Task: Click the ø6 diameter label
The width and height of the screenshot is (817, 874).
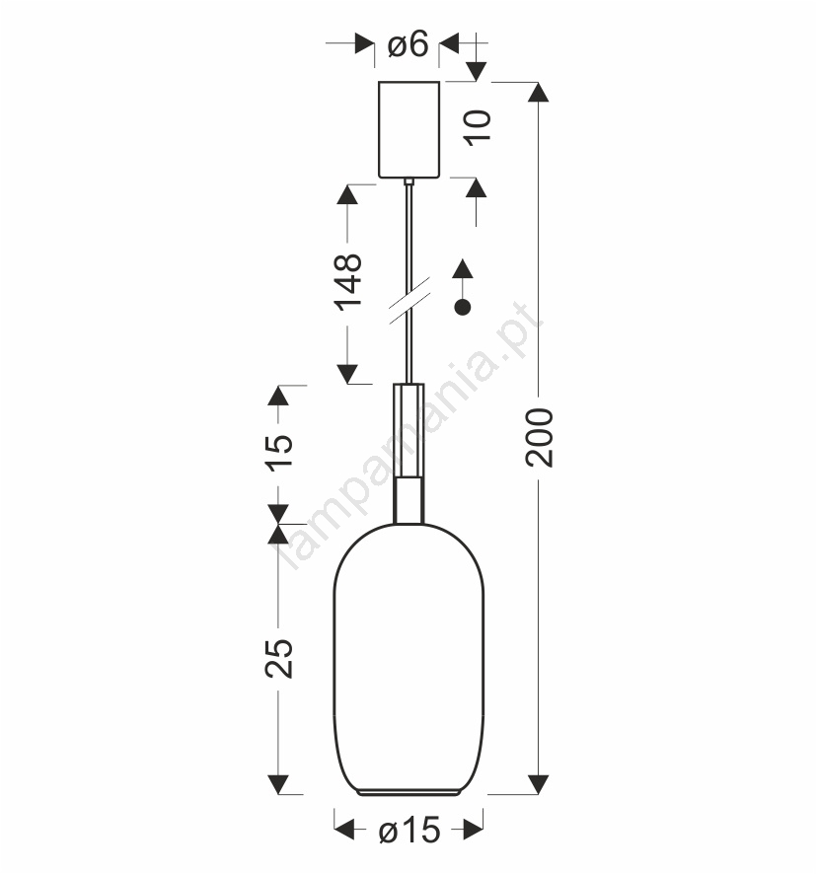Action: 408,43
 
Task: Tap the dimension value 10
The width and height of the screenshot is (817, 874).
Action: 479,128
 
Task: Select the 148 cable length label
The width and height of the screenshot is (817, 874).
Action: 347,282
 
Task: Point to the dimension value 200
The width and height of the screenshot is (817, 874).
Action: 540,438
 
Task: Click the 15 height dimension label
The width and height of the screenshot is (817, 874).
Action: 278,453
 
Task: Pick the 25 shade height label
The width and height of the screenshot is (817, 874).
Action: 278,658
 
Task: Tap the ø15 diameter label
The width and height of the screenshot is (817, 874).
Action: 409,831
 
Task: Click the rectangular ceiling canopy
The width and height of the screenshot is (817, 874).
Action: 408,130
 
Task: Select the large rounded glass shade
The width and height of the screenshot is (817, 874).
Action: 408,659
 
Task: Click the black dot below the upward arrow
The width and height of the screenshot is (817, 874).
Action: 463,307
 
